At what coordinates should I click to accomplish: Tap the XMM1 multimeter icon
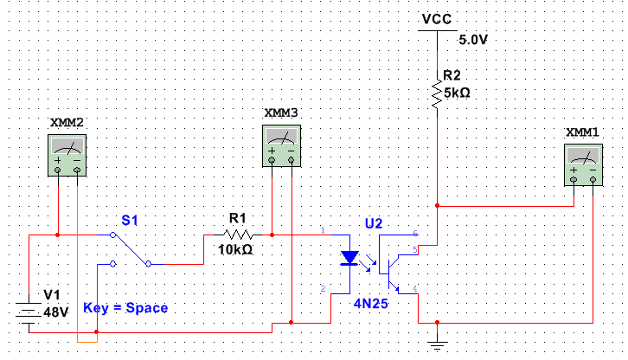pos(585,164)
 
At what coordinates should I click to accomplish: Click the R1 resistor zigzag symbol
pos(237,234)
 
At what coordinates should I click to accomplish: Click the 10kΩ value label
pos(235,249)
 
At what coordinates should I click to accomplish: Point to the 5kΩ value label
pos(457,93)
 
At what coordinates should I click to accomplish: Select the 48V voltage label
pos(54,312)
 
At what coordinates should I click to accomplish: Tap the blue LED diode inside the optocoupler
pos(349,258)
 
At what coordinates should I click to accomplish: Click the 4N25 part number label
pos(369,304)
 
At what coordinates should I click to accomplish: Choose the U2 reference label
pos(374,223)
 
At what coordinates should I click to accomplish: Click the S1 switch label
pos(130,222)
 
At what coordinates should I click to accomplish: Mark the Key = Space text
pos(125,307)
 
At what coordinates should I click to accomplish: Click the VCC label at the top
pos(437,18)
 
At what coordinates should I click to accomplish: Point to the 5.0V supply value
pos(473,40)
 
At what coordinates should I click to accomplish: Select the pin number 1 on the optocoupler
pos(323,231)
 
